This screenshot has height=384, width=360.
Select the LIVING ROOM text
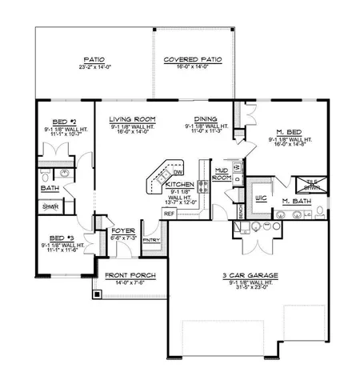click(x=133, y=118)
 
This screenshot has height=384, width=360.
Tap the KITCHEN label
click(x=179, y=184)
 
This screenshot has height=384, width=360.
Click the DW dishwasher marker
click(x=178, y=172)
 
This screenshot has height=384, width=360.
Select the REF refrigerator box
click(x=169, y=214)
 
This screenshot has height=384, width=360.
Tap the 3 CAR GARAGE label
click(x=245, y=274)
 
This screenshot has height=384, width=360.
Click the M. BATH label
click(x=298, y=202)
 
